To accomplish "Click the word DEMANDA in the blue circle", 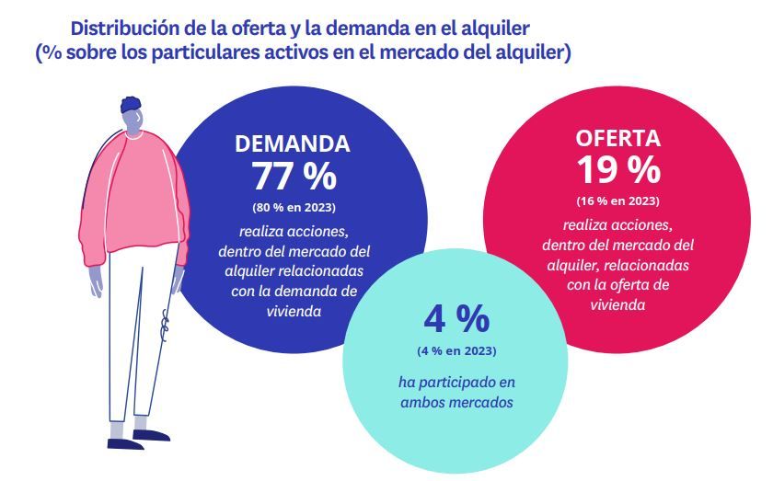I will click(x=293, y=144).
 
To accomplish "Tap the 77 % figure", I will click(x=294, y=175).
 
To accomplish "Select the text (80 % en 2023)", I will click(x=294, y=207).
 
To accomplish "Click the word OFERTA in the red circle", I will click(x=617, y=139).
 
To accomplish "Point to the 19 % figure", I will click(x=617, y=169).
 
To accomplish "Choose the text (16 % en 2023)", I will click(x=617, y=200).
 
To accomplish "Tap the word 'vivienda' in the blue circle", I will click(x=294, y=311).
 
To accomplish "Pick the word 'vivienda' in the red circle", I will click(x=617, y=303).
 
